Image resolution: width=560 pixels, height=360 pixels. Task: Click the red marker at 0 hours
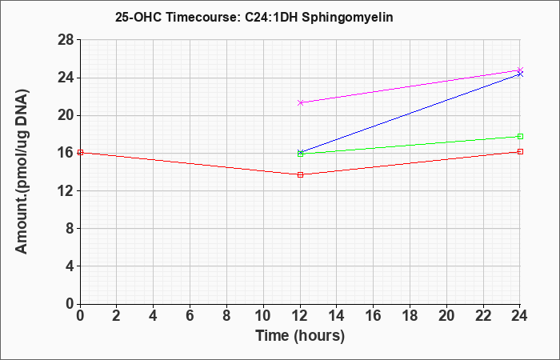[81, 153]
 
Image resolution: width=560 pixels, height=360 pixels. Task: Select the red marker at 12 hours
[300, 174]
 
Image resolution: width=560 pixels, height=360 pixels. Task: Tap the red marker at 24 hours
[520, 152]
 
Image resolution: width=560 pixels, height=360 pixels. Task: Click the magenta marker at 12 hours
[300, 103]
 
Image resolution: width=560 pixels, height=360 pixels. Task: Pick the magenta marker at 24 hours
[520, 70]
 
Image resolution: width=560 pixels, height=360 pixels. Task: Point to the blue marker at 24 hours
[520, 74]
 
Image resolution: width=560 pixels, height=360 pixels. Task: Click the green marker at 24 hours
[520, 137]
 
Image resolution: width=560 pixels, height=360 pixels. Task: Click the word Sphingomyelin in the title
[347, 17]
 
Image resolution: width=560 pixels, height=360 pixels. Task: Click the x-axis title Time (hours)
[300, 336]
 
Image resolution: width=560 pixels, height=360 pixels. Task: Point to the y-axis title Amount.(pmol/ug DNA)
[22, 172]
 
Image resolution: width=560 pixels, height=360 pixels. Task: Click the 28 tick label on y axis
[66, 40]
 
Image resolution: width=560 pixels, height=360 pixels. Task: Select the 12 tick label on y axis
[66, 190]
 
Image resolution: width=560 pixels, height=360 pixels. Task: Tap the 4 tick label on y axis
[70, 266]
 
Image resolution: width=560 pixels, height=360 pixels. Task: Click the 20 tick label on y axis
[66, 115]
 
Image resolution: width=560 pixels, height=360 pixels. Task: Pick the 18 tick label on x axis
[410, 316]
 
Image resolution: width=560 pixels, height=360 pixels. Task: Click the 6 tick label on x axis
[190, 316]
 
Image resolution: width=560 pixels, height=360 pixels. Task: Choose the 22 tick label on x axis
[483, 316]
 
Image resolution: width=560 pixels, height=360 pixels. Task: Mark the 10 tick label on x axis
[263, 316]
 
